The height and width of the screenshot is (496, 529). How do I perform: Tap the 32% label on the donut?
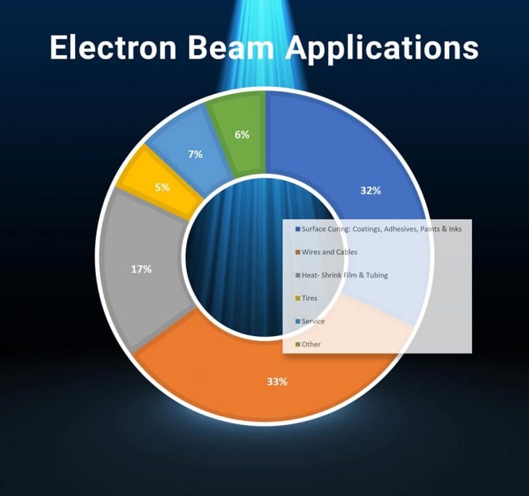(371, 191)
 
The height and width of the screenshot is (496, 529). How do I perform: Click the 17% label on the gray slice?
(141, 269)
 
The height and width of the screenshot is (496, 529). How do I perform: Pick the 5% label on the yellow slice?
(163, 186)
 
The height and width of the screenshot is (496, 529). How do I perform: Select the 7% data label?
(196, 154)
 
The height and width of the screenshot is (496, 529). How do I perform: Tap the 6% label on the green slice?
(242, 135)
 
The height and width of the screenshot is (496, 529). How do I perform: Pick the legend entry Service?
(313, 321)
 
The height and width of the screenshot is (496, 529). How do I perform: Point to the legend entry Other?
(311, 344)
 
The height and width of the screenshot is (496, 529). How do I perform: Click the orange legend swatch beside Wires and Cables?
(297, 252)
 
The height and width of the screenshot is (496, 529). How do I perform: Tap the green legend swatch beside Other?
(297, 344)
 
